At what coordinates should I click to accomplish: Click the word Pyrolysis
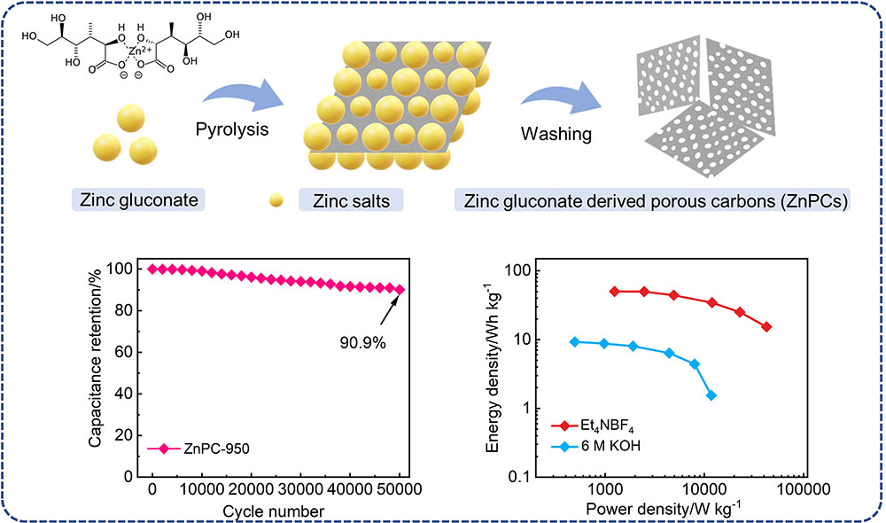pyautogui.click(x=232, y=129)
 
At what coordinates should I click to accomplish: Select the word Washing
pyautogui.click(x=556, y=134)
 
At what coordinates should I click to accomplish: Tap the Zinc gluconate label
pyautogui.click(x=138, y=200)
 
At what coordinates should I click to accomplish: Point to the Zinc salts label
pyautogui.click(x=351, y=200)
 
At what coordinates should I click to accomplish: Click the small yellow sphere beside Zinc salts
pyautogui.click(x=276, y=200)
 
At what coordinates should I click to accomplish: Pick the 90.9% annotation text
pyautogui.click(x=362, y=343)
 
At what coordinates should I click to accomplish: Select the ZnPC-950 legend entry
pyautogui.click(x=198, y=449)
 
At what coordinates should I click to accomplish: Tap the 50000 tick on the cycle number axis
pyautogui.click(x=399, y=489)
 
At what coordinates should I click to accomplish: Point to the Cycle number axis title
pyautogui.click(x=274, y=511)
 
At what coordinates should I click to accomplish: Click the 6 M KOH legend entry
pyautogui.click(x=595, y=446)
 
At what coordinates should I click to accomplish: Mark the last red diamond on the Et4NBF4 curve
pyautogui.click(x=766, y=327)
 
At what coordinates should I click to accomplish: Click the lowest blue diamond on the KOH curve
pyautogui.click(x=711, y=395)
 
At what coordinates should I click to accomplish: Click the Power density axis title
pyautogui.click(x=664, y=508)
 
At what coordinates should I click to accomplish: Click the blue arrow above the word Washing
pyautogui.click(x=561, y=98)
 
